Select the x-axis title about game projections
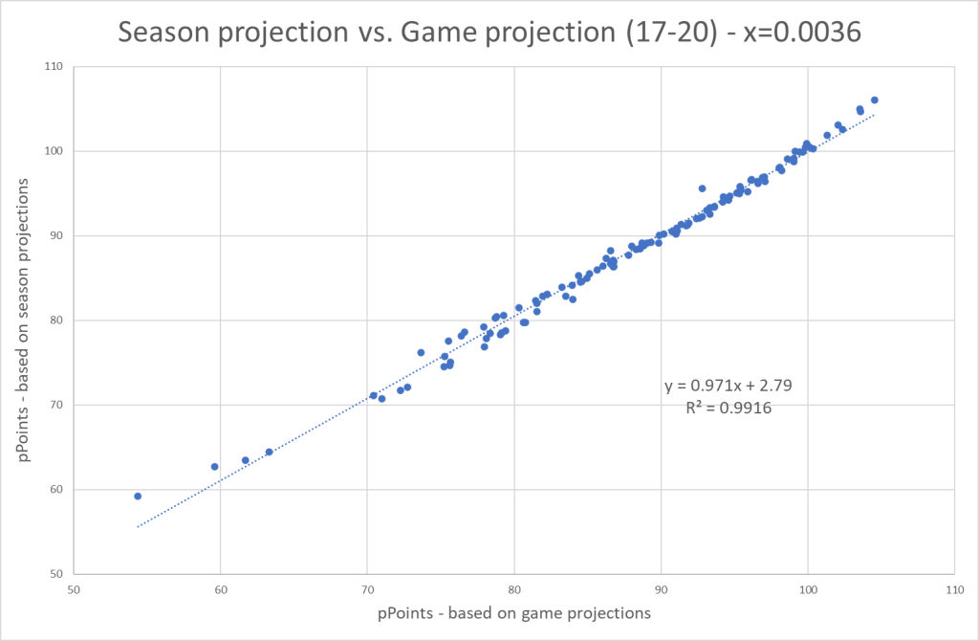[514, 613]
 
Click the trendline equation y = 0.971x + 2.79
[729, 387]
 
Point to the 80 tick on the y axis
[55, 320]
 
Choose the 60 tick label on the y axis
[55, 490]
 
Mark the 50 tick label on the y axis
[55, 574]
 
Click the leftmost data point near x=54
[138, 497]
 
